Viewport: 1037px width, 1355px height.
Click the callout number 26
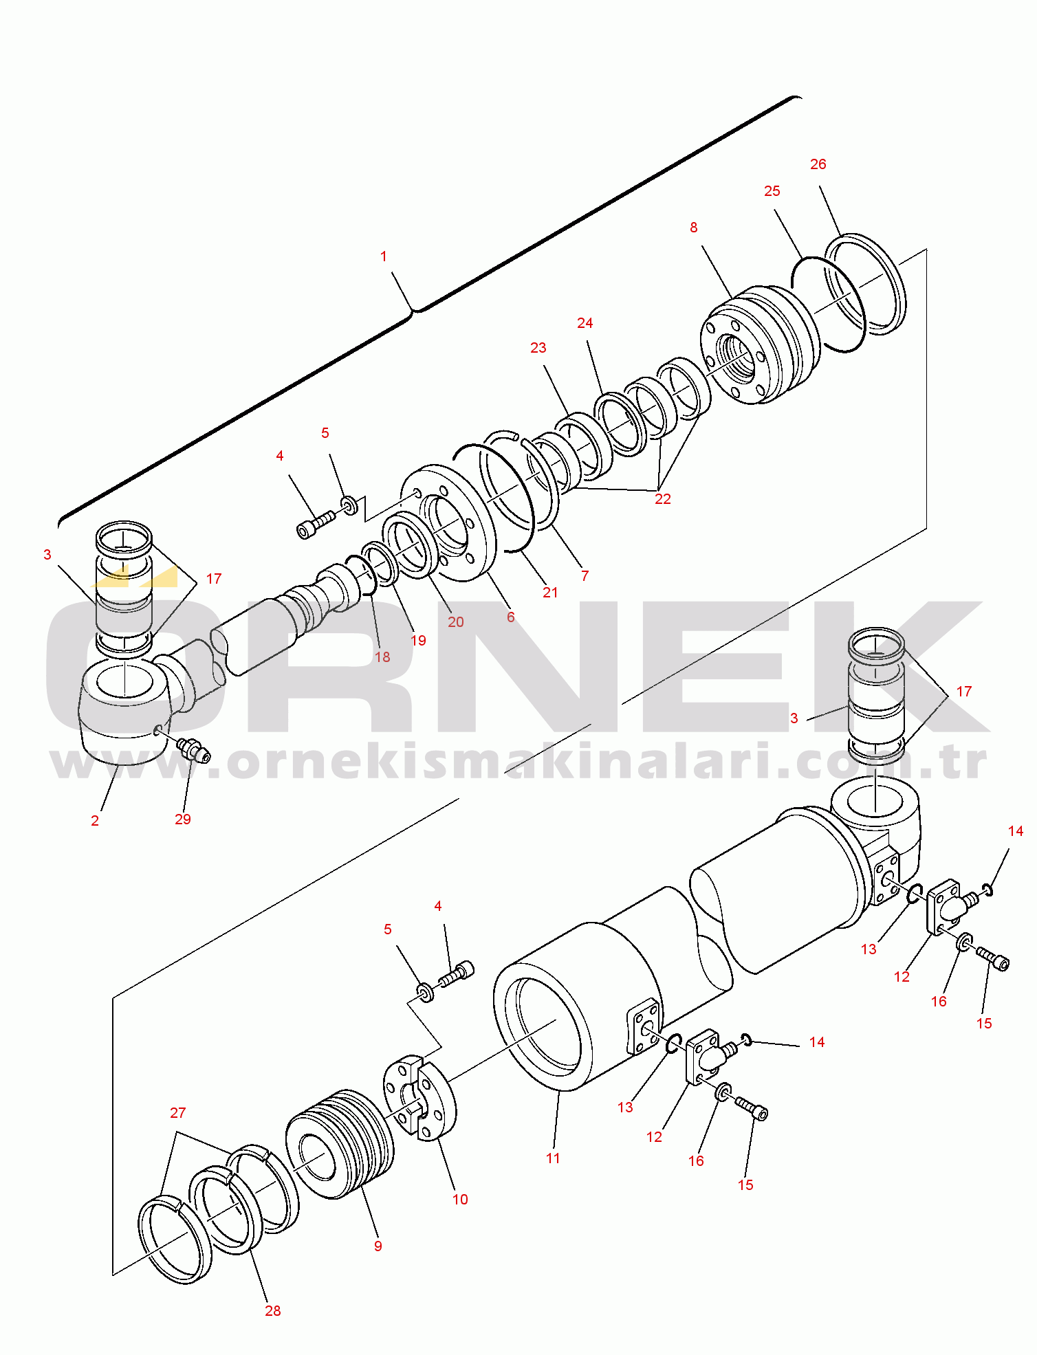818,164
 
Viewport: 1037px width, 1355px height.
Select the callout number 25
772,191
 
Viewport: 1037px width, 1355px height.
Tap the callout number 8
693,228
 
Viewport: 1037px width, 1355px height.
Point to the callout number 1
384,256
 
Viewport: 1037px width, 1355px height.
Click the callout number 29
183,819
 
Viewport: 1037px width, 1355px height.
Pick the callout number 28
273,1311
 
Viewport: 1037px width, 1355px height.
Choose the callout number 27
178,1113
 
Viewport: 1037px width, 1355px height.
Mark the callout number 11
553,1158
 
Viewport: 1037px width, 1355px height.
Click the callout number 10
460,1200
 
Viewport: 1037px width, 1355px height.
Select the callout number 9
378,1246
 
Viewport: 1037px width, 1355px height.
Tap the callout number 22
663,499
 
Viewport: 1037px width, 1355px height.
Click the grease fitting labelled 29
194,750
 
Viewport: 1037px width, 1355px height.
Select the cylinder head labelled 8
760,345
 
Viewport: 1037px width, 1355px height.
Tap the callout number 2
95,821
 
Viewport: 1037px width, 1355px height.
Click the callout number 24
585,323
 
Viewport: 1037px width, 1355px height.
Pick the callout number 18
382,657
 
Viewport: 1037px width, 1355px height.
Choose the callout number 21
551,593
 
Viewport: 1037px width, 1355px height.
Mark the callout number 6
511,617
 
